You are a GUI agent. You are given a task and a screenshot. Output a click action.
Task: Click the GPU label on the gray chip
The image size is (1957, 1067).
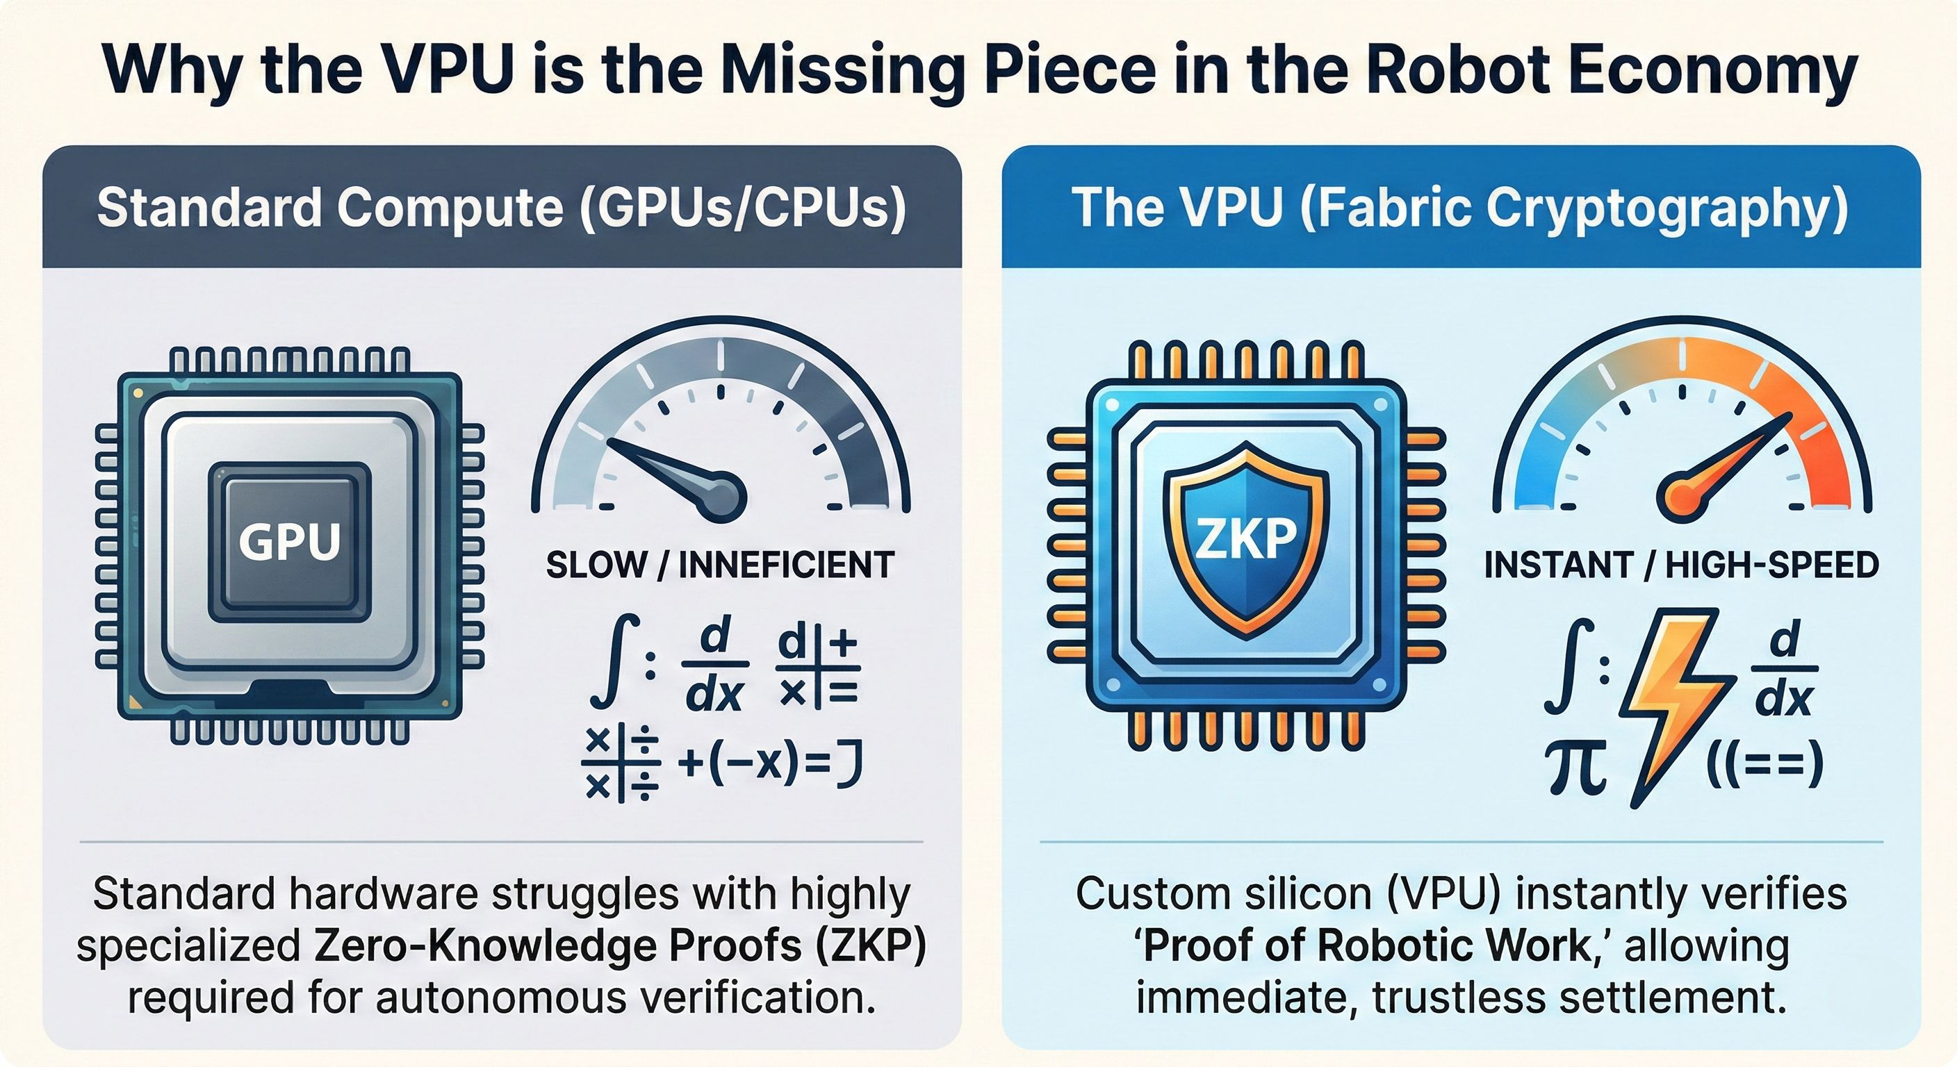click(x=289, y=540)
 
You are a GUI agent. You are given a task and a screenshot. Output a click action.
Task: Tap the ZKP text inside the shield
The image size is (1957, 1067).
click(x=1246, y=538)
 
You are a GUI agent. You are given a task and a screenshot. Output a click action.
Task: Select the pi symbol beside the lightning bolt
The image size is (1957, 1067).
click(x=1575, y=768)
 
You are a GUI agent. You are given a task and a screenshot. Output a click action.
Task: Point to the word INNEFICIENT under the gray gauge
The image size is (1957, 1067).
click(x=786, y=565)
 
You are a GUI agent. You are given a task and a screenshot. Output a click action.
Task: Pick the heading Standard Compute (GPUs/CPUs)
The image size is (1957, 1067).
click(x=501, y=206)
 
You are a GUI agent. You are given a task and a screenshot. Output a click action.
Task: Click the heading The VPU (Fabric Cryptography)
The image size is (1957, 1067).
click(x=1460, y=206)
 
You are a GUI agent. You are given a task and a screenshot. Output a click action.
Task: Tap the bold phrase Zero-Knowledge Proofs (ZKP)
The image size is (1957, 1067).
click(x=619, y=946)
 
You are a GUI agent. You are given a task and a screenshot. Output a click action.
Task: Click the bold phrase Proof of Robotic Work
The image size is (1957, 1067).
click(x=1367, y=946)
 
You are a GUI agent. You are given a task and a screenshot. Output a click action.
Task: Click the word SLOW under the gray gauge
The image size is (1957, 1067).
click(x=596, y=565)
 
